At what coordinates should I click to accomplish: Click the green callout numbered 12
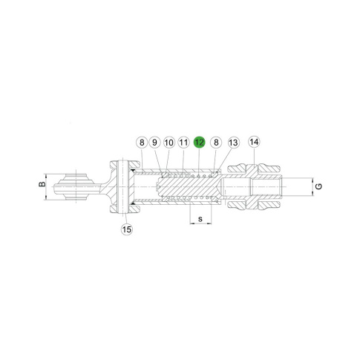click(200, 143)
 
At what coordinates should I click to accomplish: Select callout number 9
click(155, 143)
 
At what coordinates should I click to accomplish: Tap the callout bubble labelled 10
click(169, 143)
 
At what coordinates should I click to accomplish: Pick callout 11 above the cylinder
click(183, 143)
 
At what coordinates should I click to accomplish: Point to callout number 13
click(233, 143)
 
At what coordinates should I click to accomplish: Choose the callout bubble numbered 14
click(254, 142)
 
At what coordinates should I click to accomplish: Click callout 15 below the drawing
click(127, 229)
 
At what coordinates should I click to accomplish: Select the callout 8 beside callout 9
click(142, 143)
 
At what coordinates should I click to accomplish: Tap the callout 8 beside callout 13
click(216, 143)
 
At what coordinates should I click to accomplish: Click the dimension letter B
click(42, 184)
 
